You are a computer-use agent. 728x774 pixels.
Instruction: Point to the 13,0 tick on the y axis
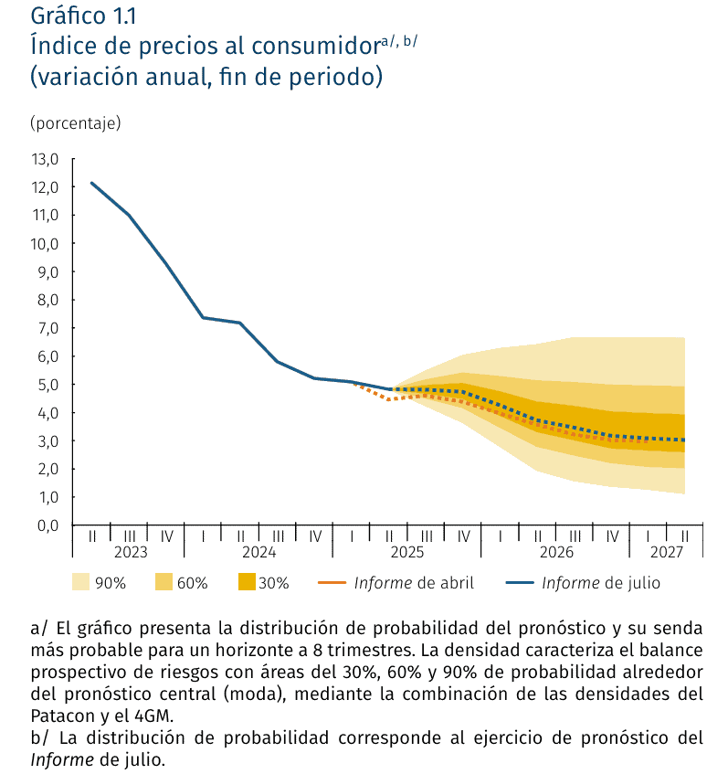point(45,159)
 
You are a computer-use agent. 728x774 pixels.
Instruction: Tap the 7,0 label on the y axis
point(45,328)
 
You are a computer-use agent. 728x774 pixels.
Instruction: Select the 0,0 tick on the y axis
point(45,525)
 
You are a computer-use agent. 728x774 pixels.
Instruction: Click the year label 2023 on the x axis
point(131,552)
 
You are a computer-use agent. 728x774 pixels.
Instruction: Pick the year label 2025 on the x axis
point(406,552)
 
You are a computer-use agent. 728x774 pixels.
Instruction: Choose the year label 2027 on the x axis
point(667,552)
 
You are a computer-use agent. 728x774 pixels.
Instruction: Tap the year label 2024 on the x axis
point(259,552)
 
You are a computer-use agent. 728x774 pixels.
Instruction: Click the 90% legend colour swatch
point(80,582)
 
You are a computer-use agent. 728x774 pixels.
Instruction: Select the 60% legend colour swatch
point(164,582)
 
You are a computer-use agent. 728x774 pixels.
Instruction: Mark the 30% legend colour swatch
point(246,582)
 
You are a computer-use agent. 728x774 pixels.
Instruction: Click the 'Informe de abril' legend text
point(414,582)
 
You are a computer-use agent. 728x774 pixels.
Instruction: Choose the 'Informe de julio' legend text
point(600,582)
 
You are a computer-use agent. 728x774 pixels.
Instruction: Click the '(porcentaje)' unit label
point(75,122)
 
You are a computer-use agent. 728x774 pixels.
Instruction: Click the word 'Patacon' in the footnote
point(60,716)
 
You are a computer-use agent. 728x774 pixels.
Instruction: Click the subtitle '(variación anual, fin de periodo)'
point(206,77)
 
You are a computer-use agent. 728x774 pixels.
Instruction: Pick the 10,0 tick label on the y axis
point(45,244)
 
